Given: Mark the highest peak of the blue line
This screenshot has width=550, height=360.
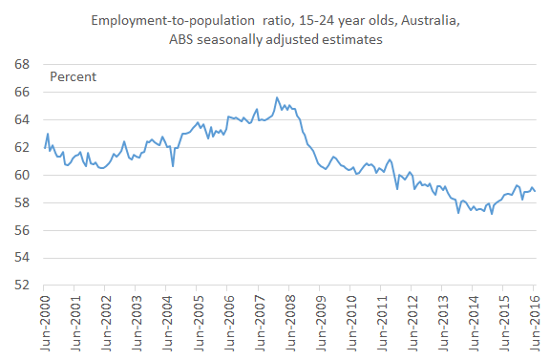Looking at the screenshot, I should click(277, 97).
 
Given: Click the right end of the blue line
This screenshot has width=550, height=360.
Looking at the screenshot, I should click(535, 191).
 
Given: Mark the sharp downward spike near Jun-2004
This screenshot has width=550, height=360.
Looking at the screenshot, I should click(173, 166).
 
